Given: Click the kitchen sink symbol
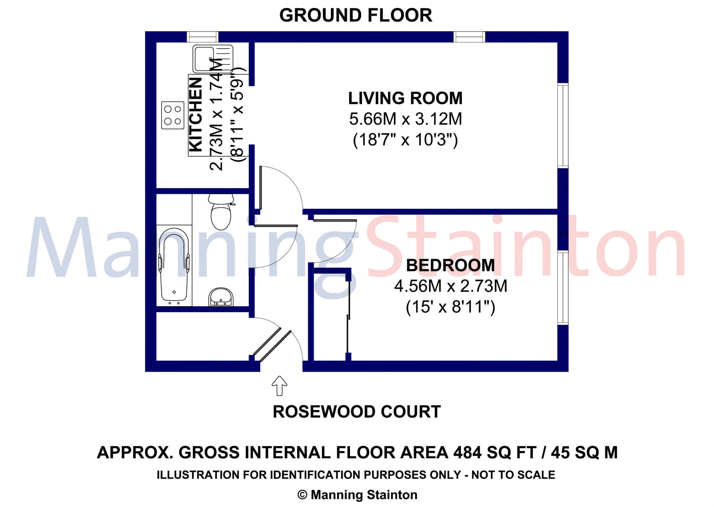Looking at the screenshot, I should [213, 59].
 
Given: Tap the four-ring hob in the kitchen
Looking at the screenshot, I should [173, 115].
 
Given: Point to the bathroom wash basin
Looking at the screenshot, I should [221, 297].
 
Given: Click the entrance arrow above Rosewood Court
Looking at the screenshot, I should [279, 386].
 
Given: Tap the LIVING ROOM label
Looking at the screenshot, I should [405, 98].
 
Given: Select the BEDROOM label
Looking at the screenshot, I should [450, 265].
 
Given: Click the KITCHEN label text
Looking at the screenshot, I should [196, 115].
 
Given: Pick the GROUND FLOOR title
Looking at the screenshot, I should [356, 15].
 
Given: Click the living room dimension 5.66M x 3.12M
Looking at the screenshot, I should [405, 119].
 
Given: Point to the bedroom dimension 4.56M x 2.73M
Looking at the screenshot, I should [450, 286].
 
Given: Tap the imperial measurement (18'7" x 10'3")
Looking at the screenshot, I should [405, 140].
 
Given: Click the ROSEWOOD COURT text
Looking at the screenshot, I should [357, 412].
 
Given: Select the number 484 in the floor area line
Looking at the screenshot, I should [468, 453].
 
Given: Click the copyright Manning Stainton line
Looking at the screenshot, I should [357, 495].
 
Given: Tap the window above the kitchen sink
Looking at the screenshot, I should [203, 37].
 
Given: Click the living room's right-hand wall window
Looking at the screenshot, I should [563, 126].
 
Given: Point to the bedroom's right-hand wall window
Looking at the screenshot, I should [563, 288].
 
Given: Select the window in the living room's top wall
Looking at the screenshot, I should [469, 37].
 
